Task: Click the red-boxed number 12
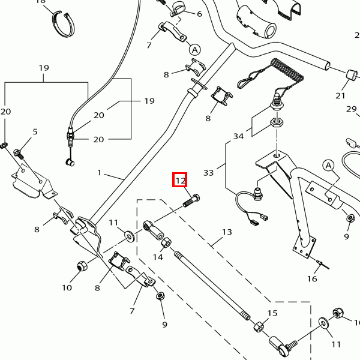pyautogui.click(x=181, y=179)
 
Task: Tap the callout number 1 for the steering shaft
pyautogui.click(x=100, y=173)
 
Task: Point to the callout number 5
pyautogui.click(x=35, y=131)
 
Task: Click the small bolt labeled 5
pyautogui.click(x=19, y=153)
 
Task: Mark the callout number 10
pyautogui.click(x=67, y=287)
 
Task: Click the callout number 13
pyautogui.click(x=227, y=232)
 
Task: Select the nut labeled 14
pyautogui.click(x=167, y=242)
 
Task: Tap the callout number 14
pyautogui.click(x=158, y=257)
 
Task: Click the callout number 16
pyautogui.click(x=312, y=278)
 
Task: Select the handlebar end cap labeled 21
pyautogui.click(x=347, y=74)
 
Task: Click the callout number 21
pyautogui.click(x=341, y=95)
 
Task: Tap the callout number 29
pyautogui.click(x=352, y=109)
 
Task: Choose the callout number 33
pyautogui.click(x=208, y=173)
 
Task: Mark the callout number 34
pyautogui.click(x=239, y=136)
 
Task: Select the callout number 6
pyautogui.click(x=199, y=14)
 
